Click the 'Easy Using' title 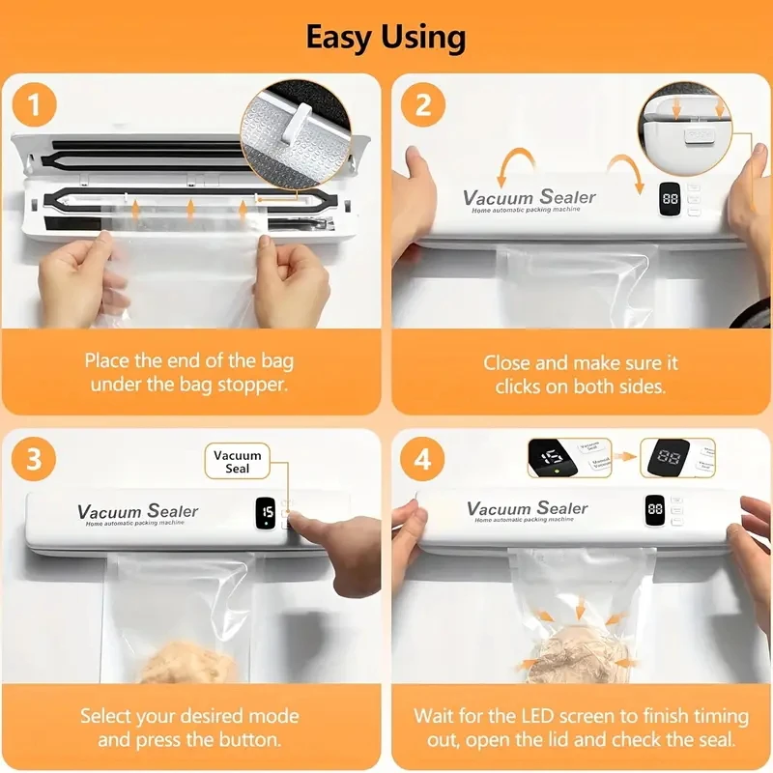coord(386,38)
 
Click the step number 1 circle coord(35,105)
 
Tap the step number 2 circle coord(423,105)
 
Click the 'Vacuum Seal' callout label coord(237,462)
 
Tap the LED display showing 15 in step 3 coord(267,512)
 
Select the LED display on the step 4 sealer coord(655,509)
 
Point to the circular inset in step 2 coord(684,125)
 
